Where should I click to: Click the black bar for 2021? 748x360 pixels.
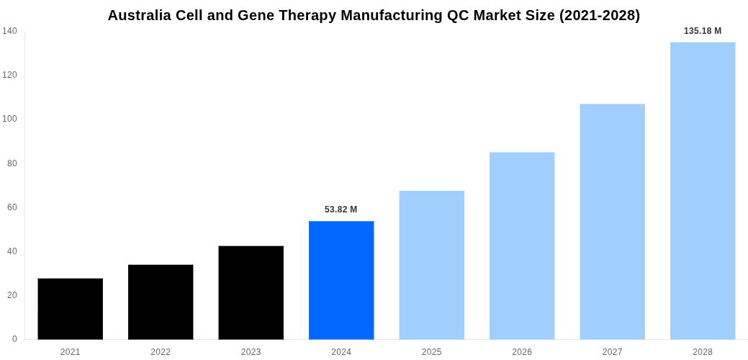pos(70,309)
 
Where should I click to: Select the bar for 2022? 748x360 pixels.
pos(161,302)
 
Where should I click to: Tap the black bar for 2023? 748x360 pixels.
pos(251,292)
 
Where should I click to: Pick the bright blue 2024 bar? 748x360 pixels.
pos(341,280)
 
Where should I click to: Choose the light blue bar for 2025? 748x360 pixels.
pos(431,265)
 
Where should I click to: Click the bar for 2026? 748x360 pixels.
pos(522,246)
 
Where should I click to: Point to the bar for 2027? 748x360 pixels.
pos(612,222)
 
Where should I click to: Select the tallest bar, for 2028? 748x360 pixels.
pos(703,191)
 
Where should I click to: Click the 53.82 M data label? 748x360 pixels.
pos(341,210)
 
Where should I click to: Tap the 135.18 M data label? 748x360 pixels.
pos(702,31)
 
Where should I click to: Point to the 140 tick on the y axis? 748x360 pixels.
pos(9,31)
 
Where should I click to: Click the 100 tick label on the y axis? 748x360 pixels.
pos(9,119)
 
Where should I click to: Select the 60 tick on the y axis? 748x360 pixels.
pos(12,207)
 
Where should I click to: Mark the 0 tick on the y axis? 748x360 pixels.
pos(14,339)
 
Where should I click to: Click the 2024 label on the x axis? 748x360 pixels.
pos(341,352)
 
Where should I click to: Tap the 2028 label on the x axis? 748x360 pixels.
pos(703,352)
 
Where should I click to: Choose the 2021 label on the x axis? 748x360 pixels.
pos(70,352)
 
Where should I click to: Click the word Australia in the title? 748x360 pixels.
pos(140,15)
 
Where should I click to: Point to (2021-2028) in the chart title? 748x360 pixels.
pos(599,15)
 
